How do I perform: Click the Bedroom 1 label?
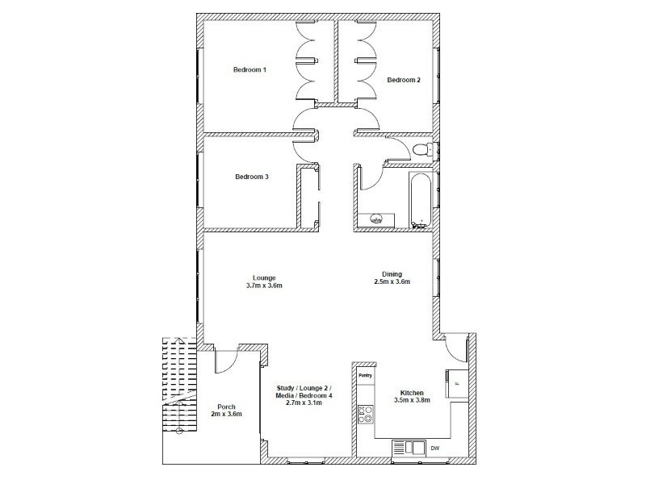[250, 70]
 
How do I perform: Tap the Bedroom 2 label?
[403, 80]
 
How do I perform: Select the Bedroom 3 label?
[251, 177]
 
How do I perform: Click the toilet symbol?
[422, 151]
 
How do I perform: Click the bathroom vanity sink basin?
[375, 218]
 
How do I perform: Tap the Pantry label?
[365, 374]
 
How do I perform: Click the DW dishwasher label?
[435, 449]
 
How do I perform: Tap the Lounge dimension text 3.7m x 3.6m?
[265, 286]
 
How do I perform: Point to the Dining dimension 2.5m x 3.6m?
[392, 282]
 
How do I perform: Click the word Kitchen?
[411, 391]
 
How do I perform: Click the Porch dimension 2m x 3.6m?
[225, 414]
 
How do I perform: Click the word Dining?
[392, 273]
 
